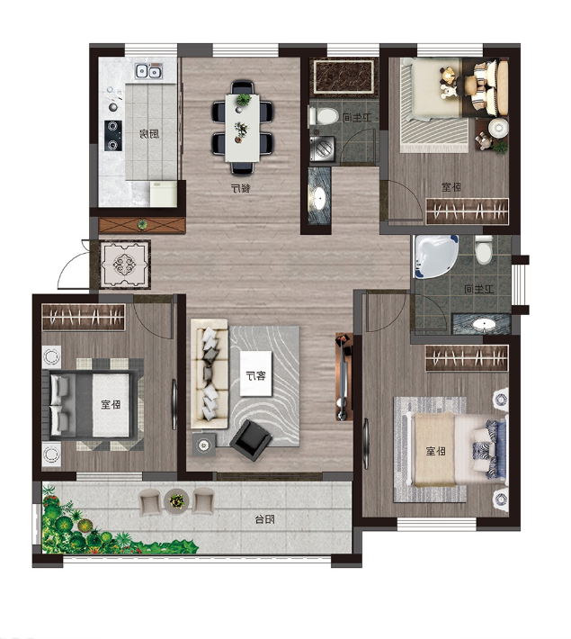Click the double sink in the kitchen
148,72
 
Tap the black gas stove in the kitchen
112,135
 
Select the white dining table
242,127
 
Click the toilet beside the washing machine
324,116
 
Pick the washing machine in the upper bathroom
322,149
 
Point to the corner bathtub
436,256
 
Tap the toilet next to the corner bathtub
484,250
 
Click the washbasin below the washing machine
319,196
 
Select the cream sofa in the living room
210,373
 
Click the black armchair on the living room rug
251,440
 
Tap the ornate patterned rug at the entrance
126,264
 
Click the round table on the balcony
177,499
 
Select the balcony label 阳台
264,519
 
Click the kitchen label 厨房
149,134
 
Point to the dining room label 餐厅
240,188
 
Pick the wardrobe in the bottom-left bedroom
84,317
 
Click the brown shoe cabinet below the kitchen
142,225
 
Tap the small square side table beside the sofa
204,445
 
